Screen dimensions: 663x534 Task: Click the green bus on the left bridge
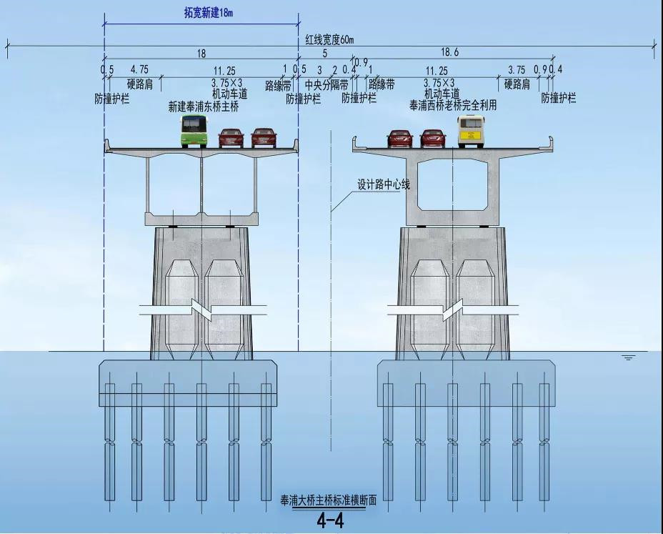[194, 131]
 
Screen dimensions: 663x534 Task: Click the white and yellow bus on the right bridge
[470, 132]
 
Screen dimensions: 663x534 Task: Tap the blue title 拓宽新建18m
[209, 13]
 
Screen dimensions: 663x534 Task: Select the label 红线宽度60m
[330, 40]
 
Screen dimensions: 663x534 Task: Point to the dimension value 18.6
[449, 52]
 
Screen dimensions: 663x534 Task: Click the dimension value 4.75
[139, 69]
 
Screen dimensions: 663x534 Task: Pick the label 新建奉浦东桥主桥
[204, 107]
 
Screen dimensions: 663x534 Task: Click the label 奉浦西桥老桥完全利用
[453, 105]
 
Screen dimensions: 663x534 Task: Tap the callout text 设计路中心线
[384, 184]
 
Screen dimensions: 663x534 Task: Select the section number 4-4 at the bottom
[330, 521]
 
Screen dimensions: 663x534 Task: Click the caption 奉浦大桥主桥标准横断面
[329, 500]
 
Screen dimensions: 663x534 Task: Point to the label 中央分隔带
[326, 85]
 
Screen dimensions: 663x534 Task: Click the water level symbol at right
[629, 358]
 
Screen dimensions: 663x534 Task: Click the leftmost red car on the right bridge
[399, 139]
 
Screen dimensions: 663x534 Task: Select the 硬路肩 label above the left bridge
[140, 84]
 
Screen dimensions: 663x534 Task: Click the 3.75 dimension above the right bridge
[517, 69]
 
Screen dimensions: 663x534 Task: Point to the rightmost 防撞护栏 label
[559, 98]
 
